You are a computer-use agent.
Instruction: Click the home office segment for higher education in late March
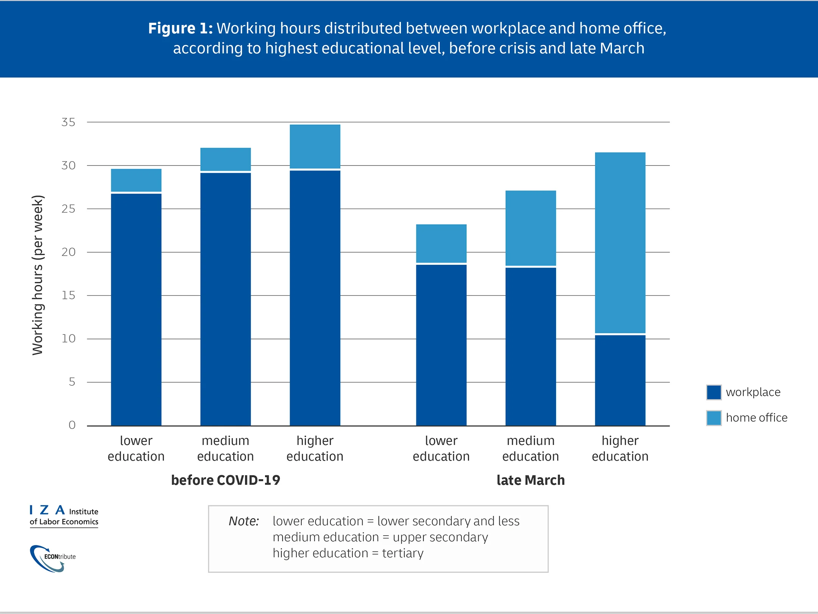(x=620, y=242)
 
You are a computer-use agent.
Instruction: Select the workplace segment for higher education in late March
(x=620, y=380)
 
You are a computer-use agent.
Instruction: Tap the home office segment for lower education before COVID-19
(x=136, y=180)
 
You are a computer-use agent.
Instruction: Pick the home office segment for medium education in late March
(x=531, y=228)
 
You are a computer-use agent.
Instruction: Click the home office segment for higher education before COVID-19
(x=315, y=146)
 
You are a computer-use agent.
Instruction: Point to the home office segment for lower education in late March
(x=441, y=243)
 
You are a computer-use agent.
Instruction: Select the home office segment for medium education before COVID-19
(x=226, y=159)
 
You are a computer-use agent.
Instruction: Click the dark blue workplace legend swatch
(x=714, y=392)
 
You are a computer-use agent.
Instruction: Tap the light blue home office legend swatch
(x=714, y=418)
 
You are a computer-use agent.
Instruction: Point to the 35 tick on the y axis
(x=69, y=122)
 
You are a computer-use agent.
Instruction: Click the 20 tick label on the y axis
(x=69, y=252)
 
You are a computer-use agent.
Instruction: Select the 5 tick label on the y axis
(x=72, y=382)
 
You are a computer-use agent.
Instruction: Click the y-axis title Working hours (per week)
(x=38, y=275)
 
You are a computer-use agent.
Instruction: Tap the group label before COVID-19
(x=226, y=480)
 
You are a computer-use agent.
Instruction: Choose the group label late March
(x=531, y=480)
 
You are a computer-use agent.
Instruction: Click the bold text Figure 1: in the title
(x=180, y=28)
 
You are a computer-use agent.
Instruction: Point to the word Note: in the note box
(x=244, y=521)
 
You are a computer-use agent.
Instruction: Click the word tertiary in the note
(x=403, y=553)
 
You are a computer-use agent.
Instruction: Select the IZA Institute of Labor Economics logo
(x=64, y=516)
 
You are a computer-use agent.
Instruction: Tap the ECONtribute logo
(x=53, y=558)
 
